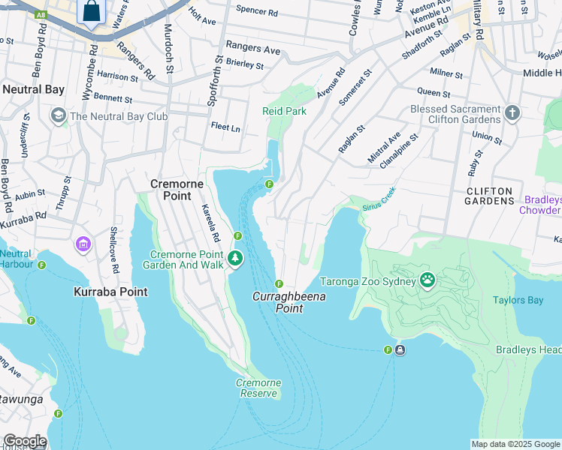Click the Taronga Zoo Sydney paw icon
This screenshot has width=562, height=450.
tap(428, 280)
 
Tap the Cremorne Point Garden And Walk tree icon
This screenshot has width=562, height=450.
tap(236, 259)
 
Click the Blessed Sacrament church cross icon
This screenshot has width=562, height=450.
tap(512, 113)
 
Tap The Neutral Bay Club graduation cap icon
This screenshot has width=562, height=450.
tap(58, 116)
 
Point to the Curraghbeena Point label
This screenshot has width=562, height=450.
tap(278, 302)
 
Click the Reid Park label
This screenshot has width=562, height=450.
tap(284, 111)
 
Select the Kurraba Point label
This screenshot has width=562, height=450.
tap(110, 291)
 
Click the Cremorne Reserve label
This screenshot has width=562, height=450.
tap(258, 388)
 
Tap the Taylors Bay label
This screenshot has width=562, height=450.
tap(518, 300)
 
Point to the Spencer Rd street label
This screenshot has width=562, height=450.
tap(256, 12)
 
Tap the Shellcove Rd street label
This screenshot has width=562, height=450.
tap(115, 250)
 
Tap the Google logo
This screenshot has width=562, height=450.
tap(24, 441)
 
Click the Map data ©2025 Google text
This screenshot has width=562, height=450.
tap(515, 444)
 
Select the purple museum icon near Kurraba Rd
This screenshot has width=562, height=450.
tap(83, 244)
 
